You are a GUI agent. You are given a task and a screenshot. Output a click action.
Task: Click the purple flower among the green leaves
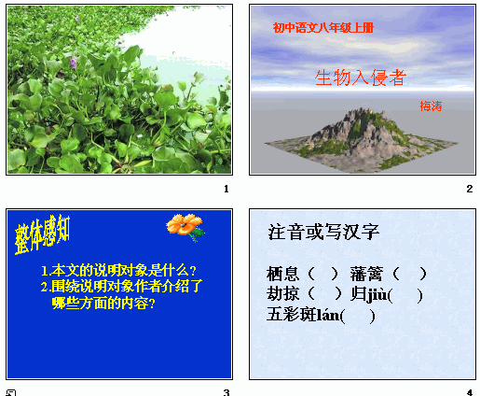pyautogui.click(x=75, y=63)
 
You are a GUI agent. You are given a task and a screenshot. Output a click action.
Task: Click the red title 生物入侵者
pyautogui.click(x=360, y=78)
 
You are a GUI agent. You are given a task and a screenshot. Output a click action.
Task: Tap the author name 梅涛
pyautogui.click(x=430, y=105)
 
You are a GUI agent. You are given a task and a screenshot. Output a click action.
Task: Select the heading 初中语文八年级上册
pyautogui.click(x=322, y=28)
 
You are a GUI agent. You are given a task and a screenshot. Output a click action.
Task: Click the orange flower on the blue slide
pyautogui.click(x=185, y=225)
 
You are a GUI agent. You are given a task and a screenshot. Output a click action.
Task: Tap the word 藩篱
pyautogui.click(x=366, y=274)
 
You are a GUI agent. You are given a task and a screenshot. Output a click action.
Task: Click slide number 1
pyautogui.click(x=226, y=190)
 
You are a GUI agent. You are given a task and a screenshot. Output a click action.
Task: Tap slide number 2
pyautogui.click(x=470, y=190)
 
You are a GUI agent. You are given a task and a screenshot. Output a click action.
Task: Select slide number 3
pyautogui.click(x=226, y=391)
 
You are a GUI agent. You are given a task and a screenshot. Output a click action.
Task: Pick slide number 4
pyautogui.click(x=470, y=391)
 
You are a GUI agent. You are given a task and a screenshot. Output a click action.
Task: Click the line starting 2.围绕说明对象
pyautogui.click(x=121, y=287)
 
